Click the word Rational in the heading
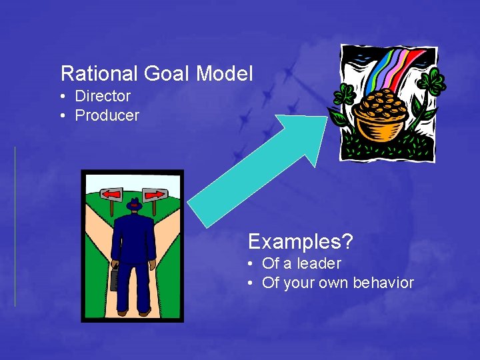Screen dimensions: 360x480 (x=91, y=73)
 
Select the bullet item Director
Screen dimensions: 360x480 (x=102, y=96)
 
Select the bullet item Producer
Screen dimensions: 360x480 (x=107, y=115)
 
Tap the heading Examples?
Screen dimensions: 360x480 (x=300, y=241)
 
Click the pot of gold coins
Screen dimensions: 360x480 (x=381, y=117)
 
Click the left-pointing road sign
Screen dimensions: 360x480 (x=111, y=195)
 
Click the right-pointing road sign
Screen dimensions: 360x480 (x=154, y=195)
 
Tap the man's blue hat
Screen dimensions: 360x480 (x=134, y=205)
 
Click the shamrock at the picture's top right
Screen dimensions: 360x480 (x=434, y=83)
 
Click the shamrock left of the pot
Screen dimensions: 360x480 (x=345, y=97)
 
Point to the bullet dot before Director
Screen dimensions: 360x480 (x=62, y=97)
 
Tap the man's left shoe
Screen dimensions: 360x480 (x=122, y=311)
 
